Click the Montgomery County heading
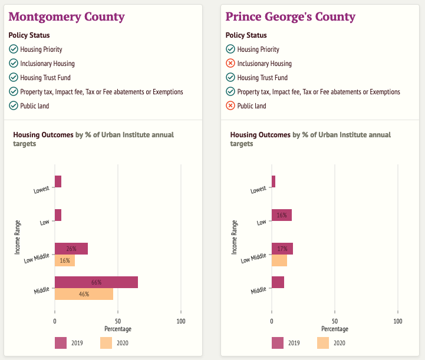67,16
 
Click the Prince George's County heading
291,16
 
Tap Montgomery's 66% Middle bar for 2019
96,282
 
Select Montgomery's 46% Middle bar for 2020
84,294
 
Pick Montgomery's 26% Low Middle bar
71,249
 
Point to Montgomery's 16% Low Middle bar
65,260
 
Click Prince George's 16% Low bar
282,215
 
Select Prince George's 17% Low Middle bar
282,249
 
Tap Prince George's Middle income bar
278,282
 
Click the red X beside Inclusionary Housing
230,64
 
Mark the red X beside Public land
230,106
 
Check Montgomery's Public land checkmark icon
14,106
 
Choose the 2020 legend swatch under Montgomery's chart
106,343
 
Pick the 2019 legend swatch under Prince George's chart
278,343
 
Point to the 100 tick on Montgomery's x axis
181,321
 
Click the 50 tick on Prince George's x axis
335,321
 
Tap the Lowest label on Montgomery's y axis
42,190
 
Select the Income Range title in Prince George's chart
234,237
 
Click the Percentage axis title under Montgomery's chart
118,329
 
